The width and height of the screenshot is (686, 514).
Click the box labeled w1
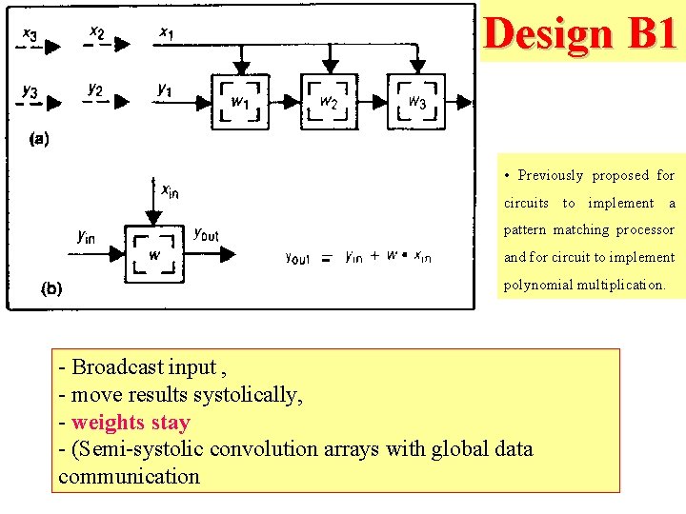pos(242,102)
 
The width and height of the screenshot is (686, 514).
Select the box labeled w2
pos(329,102)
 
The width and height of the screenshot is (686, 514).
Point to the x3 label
pos(30,35)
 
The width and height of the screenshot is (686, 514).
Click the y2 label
pos(95,89)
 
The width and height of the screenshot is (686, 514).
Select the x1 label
pos(167,34)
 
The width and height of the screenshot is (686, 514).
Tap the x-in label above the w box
pos(169,191)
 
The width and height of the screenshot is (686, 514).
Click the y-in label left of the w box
pos(87,237)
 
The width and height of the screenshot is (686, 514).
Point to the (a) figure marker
pos(39,139)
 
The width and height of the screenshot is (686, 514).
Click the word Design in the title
pos(548,34)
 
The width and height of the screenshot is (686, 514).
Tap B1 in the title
pos(652,34)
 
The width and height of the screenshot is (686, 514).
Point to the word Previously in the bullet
pos(550,175)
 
